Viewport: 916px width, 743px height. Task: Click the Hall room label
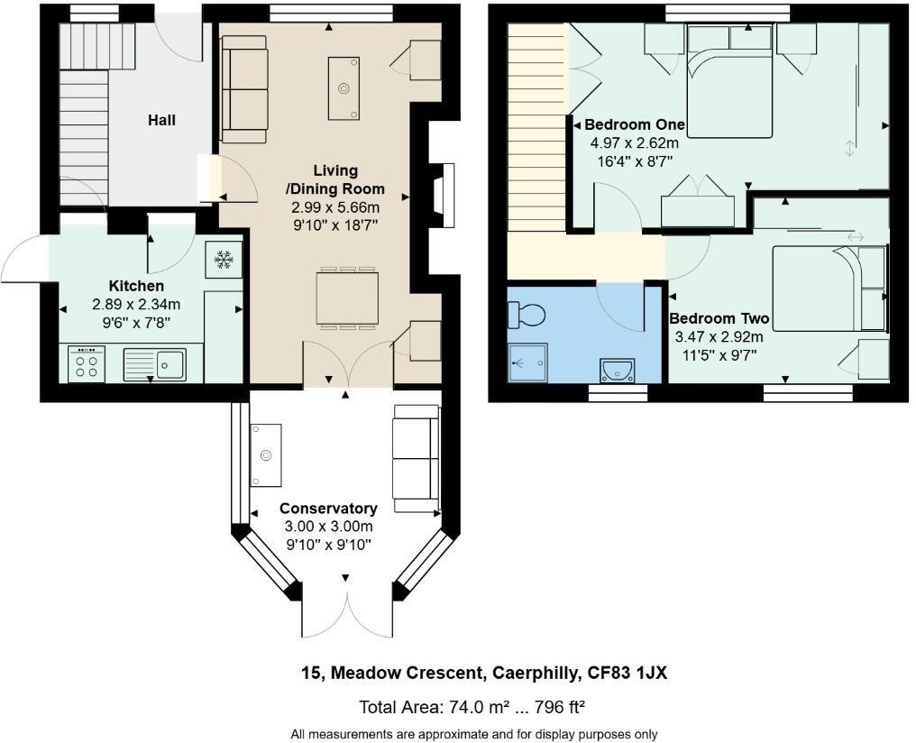point(162,120)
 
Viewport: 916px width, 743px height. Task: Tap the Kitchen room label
point(136,286)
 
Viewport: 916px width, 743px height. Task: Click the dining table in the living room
point(348,298)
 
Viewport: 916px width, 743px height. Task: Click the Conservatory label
point(328,509)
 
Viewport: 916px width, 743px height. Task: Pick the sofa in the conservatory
point(416,459)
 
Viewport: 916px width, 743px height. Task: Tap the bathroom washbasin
point(618,369)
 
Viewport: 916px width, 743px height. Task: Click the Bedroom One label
point(635,124)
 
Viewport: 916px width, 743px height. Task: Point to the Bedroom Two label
point(719,319)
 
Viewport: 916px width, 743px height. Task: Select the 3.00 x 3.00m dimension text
point(328,527)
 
